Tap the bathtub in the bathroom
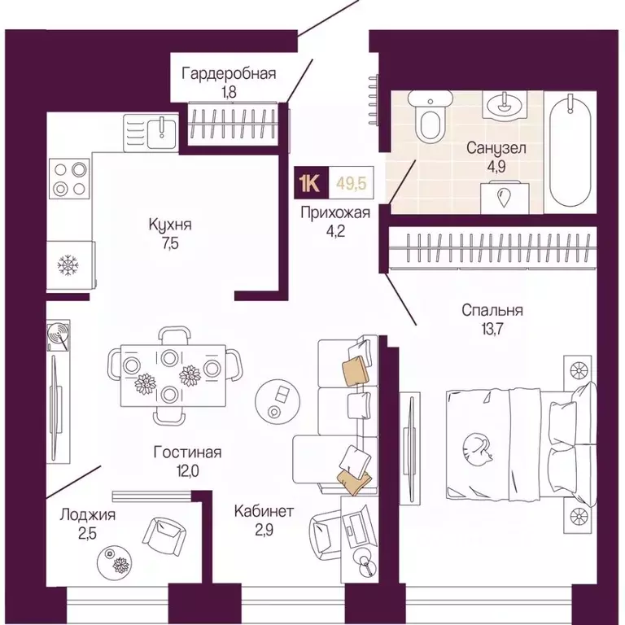tap(570, 151)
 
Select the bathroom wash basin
tap(505, 104)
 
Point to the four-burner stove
tap(69, 178)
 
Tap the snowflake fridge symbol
tap(68, 264)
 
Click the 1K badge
tap(312, 183)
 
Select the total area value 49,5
tap(352, 183)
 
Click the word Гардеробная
tap(229, 74)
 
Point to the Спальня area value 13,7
tap(492, 330)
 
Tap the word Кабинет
tap(264, 511)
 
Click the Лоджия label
tap(88, 515)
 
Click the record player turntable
tap(59, 335)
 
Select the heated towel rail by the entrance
tap(374, 100)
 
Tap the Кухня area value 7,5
tap(170, 244)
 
